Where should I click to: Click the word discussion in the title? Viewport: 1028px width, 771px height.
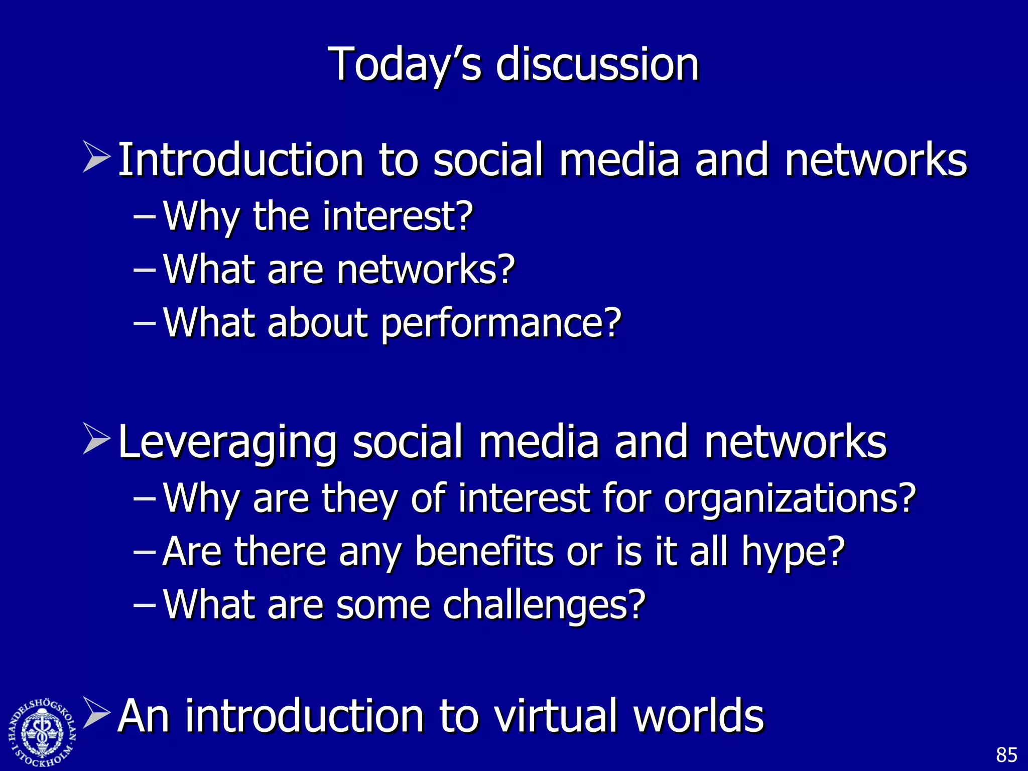[x=597, y=64]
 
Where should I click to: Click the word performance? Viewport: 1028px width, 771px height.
[x=501, y=324]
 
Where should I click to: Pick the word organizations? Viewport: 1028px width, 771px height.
[x=790, y=499]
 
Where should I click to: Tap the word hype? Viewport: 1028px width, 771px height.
[x=794, y=553]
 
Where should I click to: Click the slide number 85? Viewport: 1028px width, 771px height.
[x=1006, y=755]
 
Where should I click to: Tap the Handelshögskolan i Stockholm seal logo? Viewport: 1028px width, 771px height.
[x=42, y=732]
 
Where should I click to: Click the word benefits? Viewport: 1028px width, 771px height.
[x=484, y=552]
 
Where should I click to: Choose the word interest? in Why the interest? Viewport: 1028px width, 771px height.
[x=398, y=217]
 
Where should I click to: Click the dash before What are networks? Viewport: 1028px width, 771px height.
[x=145, y=269]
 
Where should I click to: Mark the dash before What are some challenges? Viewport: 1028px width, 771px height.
[x=145, y=604]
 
